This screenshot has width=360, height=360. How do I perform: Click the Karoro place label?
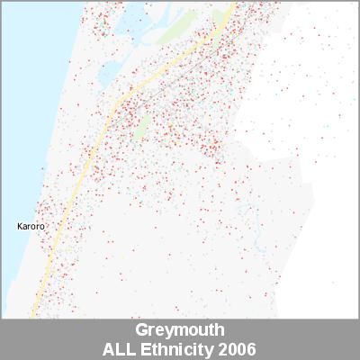[x=31, y=227]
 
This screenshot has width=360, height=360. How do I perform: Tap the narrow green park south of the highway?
[x=141, y=126]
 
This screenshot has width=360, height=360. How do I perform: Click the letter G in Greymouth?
[x=141, y=330]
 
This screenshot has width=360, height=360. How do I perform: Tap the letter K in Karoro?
[x=21, y=227]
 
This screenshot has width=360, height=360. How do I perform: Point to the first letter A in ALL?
[x=110, y=347]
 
